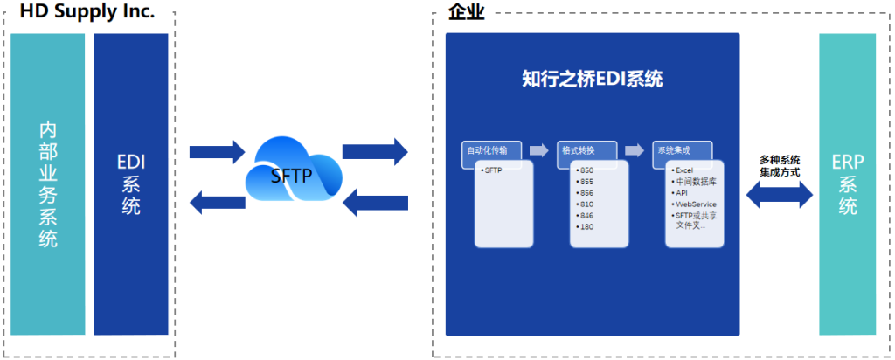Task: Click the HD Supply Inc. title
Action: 87,11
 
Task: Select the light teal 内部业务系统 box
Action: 49,183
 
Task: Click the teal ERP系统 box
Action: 848,183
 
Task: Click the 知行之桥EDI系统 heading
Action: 592,79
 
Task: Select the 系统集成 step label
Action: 673,150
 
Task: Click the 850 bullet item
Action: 585,170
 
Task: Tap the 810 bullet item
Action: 585,204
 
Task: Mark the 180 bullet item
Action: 585,227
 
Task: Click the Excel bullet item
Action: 683,170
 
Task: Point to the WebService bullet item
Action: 695,204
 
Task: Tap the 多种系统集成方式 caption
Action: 779,166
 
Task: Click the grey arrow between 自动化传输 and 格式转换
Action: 539,149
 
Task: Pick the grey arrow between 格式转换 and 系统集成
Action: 634,149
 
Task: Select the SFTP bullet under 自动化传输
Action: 493,170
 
